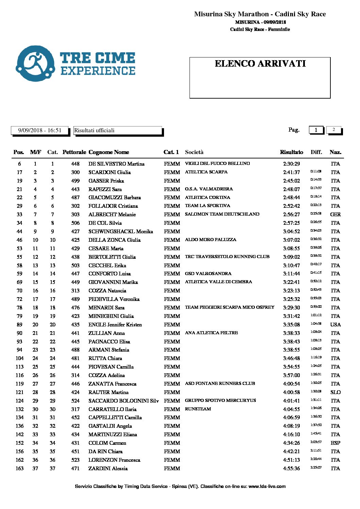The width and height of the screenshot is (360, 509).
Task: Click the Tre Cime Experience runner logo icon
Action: point(35,64)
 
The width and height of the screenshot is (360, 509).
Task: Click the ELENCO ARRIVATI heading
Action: point(260,64)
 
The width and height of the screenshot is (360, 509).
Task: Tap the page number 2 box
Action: point(333,130)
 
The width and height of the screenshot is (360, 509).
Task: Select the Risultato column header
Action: point(291,152)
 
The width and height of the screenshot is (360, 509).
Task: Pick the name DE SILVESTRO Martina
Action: point(116,164)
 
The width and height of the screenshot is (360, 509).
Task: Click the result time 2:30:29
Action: point(291,164)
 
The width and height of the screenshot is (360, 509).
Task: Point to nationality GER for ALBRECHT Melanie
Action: point(335,215)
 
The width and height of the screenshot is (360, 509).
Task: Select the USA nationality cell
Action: point(335,325)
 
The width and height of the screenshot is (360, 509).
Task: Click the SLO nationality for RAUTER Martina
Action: point(335,392)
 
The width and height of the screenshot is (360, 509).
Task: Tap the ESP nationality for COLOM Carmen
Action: point(335,443)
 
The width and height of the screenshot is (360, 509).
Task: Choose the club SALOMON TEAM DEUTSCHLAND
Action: point(222,214)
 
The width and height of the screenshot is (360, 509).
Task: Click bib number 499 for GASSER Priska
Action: point(75,181)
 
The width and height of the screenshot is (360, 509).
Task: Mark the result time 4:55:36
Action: point(291,469)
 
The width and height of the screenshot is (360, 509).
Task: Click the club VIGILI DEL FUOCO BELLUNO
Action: point(217,164)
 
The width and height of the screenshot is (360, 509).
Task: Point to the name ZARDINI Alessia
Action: point(108,469)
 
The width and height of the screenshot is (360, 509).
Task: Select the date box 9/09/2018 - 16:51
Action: point(40,130)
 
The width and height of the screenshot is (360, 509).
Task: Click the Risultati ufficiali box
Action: point(117,131)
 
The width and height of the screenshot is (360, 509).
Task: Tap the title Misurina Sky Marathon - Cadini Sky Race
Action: point(260,14)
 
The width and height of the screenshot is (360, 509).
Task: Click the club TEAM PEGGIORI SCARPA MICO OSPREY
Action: point(229,307)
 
